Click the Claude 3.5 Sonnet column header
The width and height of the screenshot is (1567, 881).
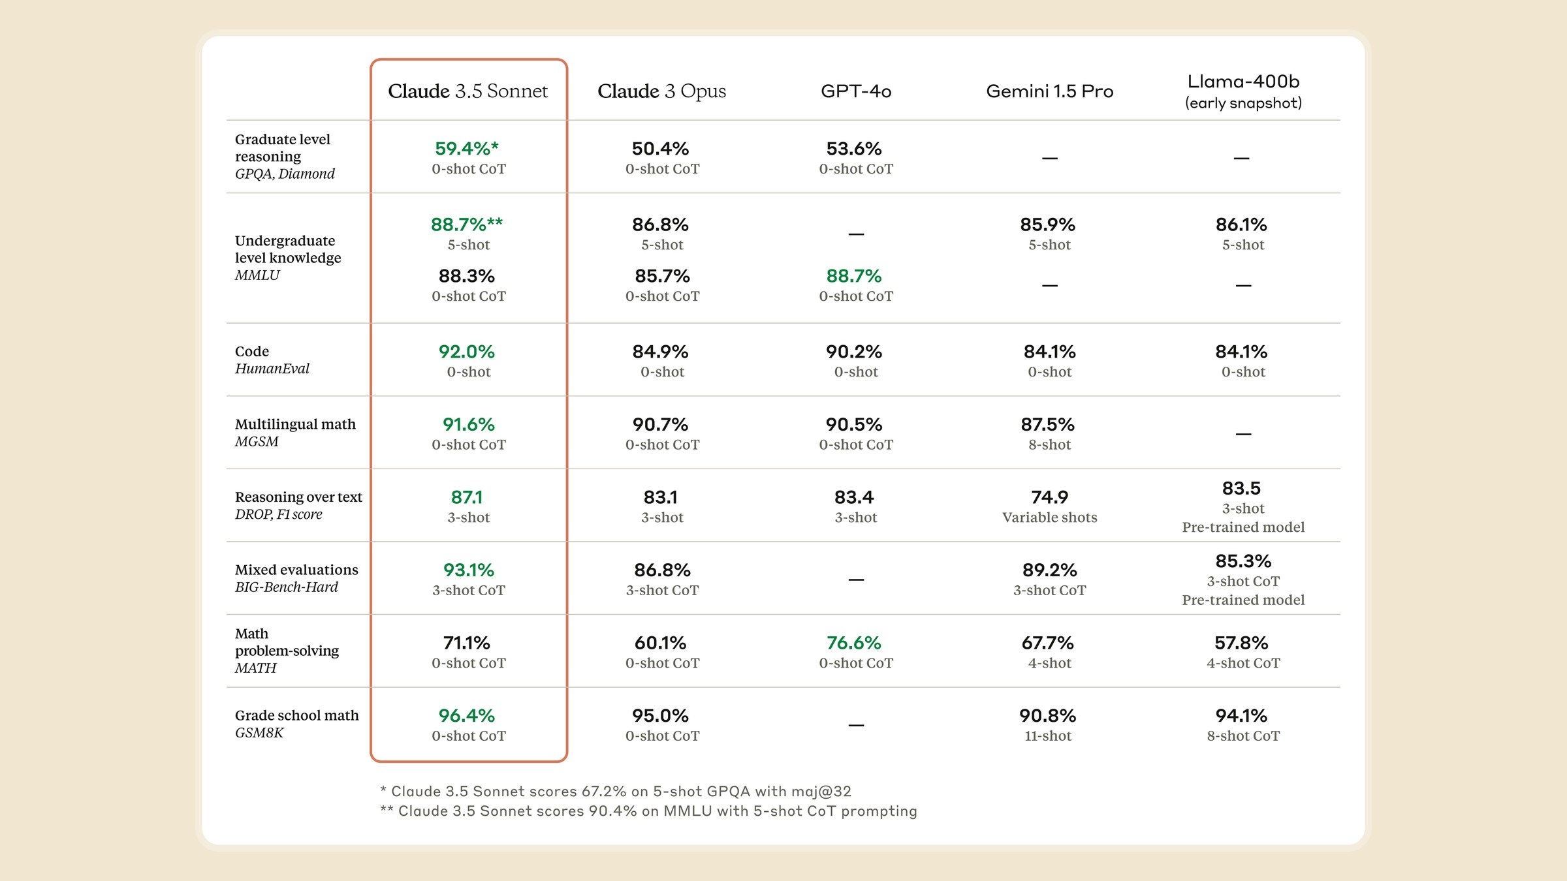click(x=467, y=91)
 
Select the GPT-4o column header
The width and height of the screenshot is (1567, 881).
click(x=856, y=91)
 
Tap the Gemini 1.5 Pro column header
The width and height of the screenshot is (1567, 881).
click(x=1049, y=91)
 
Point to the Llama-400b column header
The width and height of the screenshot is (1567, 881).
click(x=1243, y=82)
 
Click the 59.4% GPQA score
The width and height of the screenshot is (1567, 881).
click(x=466, y=149)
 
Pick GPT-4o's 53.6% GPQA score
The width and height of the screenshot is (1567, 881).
click(x=854, y=149)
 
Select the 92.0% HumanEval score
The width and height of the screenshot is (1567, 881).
click(x=466, y=352)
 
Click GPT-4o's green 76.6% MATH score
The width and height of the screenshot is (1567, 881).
click(x=854, y=643)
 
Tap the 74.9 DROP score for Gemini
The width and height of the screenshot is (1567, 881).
click(x=1049, y=497)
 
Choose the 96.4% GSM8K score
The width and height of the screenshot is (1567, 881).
click(x=466, y=716)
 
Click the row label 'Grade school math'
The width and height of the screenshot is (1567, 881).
click(x=296, y=715)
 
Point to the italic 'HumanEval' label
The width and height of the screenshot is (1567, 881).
click(x=272, y=369)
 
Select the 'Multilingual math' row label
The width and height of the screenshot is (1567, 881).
click(x=295, y=424)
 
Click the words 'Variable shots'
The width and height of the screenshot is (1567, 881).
click(x=1049, y=518)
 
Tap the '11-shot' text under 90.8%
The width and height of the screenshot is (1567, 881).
click(x=1048, y=736)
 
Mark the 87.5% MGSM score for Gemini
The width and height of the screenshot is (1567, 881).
click(x=1047, y=425)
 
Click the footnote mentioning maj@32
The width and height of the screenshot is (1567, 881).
click(x=616, y=792)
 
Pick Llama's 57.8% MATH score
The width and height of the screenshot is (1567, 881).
click(x=1241, y=643)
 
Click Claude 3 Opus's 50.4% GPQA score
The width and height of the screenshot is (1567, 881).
click(x=660, y=149)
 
